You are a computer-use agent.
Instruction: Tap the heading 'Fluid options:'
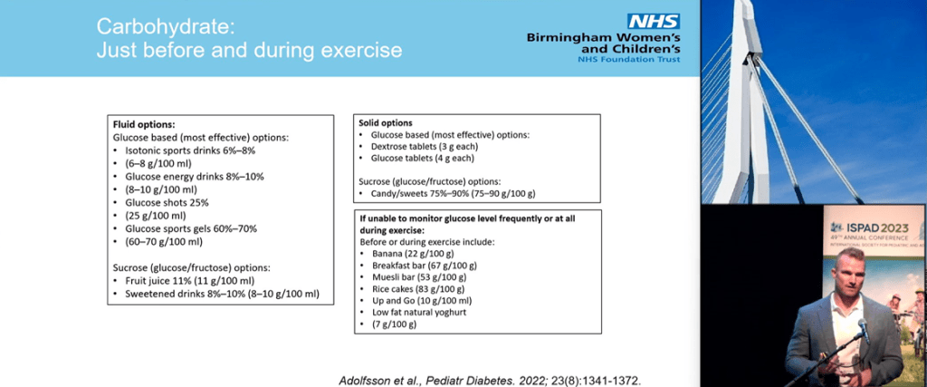tap(142, 123)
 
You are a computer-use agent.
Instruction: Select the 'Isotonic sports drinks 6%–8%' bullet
tap(185, 150)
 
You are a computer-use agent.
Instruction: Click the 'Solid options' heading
tap(387, 122)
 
